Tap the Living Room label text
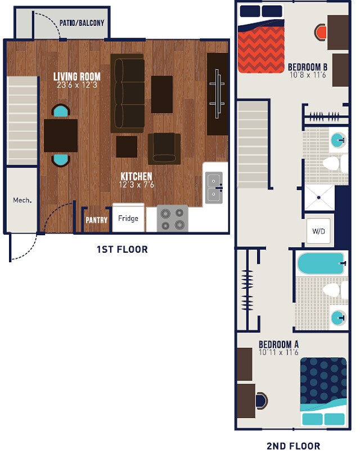tap(77, 77)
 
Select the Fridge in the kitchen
tap(128, 218)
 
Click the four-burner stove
tap(172, 218)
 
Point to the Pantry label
tap(96, 220)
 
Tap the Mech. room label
tap(21, 200)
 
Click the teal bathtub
tap(321, 263)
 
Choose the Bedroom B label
tap(308, 66)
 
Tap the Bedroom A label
tap(278, 344)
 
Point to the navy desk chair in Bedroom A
tap(261, 400)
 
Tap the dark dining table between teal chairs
tap(61, 136)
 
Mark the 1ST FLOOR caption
tap(122, 249)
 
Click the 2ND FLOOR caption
tap(293, 446)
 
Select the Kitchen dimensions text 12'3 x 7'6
tap(136, 185)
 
